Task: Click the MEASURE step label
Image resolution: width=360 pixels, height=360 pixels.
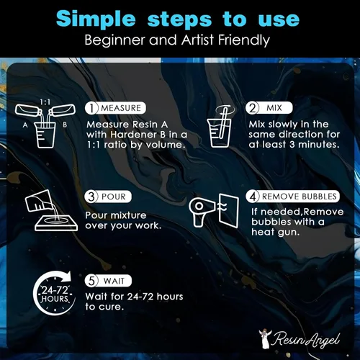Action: point(121,108)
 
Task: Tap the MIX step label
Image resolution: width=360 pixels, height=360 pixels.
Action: point(274,108)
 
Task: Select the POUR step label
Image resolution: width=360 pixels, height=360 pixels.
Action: point(114,197)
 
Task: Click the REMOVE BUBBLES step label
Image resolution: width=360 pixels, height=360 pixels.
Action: point(299,197)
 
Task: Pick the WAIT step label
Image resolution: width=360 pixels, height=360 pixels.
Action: point(114,281)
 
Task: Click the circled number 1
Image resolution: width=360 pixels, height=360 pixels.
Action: point(91,108)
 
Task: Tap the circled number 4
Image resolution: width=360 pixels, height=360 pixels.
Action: point(253,197)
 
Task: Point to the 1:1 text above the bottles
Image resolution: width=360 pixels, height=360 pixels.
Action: point(45,102)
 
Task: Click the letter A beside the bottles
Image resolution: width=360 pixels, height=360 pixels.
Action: point(25,125)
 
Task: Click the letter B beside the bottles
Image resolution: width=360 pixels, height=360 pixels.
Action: point(65,125)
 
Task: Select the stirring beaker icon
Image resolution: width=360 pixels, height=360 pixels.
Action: point(220,127)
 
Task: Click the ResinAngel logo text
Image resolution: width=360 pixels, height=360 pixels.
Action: point(307,339)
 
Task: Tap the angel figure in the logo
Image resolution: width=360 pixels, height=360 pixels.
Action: point(265,338)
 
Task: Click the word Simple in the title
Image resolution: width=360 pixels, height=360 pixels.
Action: point(96,19)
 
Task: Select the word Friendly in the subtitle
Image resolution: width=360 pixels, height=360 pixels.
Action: point(244,40)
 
